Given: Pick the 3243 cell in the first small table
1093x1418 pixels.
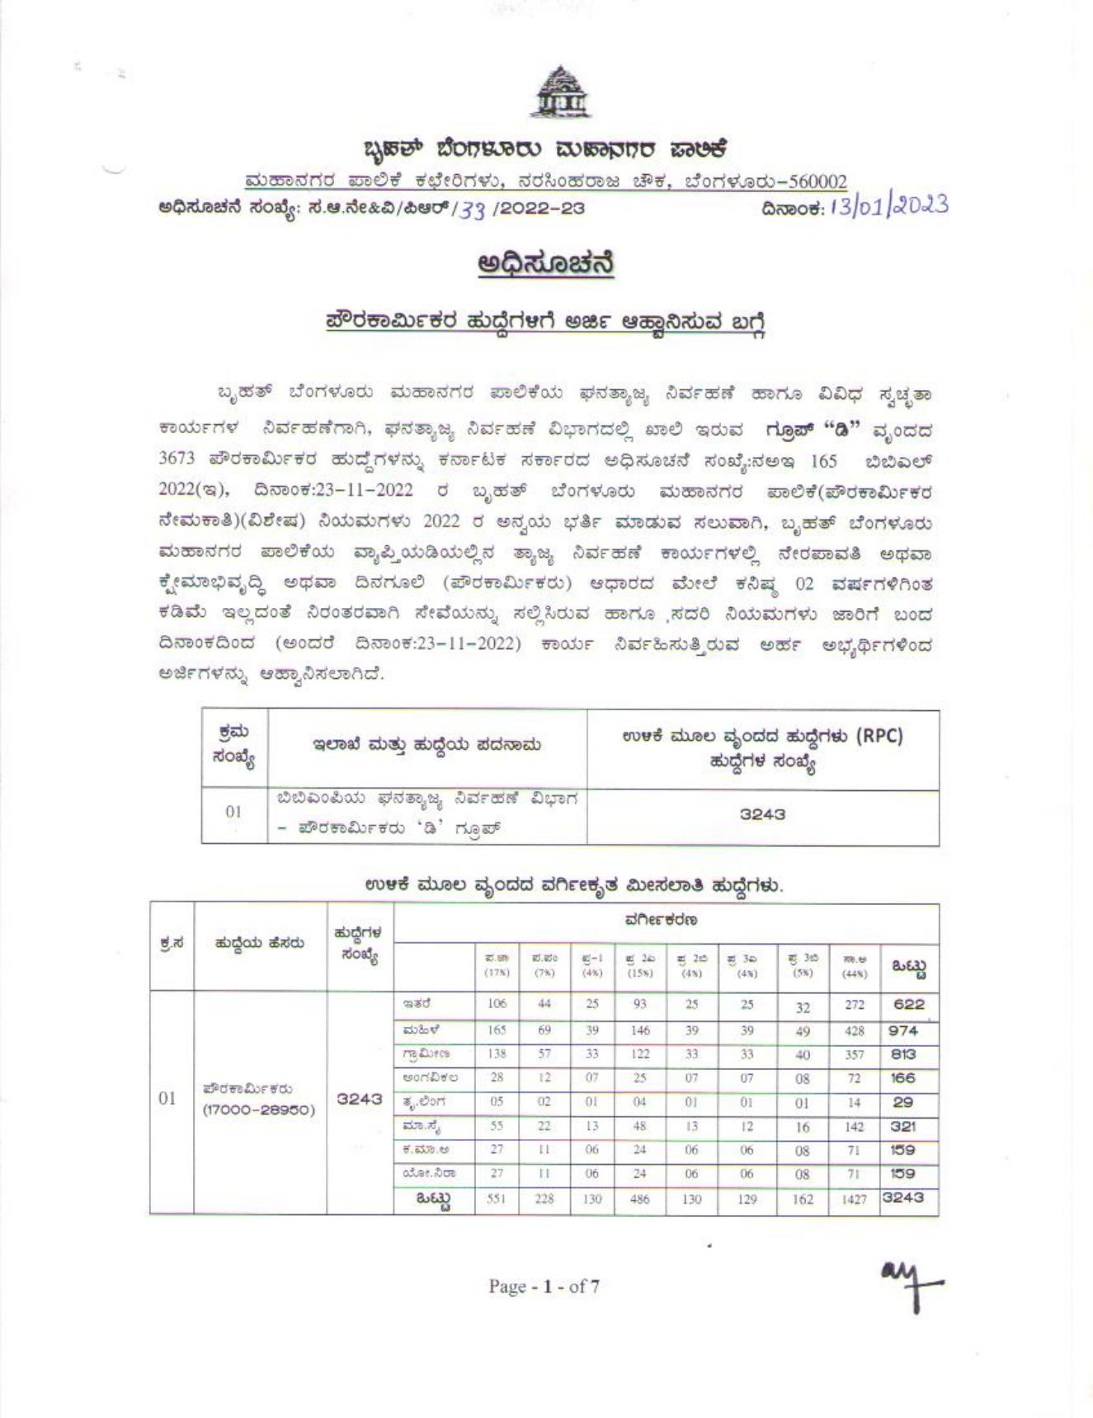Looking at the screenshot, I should (x=762, y=814).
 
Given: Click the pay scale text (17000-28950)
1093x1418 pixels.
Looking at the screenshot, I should (x=260, y=1109).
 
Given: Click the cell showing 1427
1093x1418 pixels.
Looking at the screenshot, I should (x=854, y=1199).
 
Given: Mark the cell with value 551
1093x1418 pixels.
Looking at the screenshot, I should (x=496, y=1199).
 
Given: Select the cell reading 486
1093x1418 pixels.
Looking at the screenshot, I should (x=639, y=1199).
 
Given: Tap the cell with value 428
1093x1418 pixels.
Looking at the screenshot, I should (x=854, y=1030).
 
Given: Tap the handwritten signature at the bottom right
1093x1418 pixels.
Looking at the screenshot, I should (x=911, y=1289).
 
